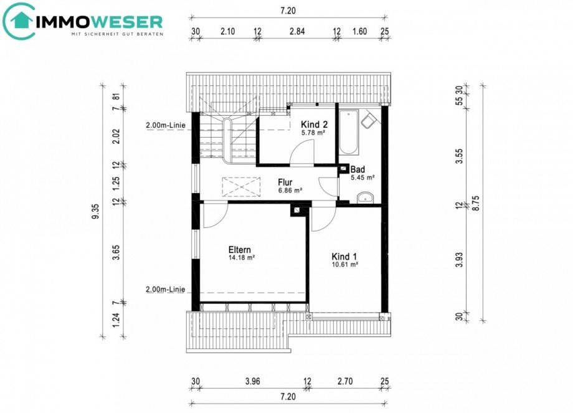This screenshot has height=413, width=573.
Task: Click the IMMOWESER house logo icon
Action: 19,20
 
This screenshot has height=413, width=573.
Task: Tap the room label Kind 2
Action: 314,125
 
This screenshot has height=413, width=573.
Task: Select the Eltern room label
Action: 239,250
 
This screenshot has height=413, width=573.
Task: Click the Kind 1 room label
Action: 344,256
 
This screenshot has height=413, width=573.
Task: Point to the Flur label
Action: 285,182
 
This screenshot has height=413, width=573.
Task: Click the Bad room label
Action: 358,169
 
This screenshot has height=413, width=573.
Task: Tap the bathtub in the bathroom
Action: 349,132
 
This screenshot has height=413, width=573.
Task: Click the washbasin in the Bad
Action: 364,197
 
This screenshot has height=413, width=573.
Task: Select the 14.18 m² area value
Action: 241,257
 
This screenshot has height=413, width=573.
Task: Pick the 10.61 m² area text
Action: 344,264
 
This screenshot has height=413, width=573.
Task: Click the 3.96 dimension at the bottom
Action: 252,382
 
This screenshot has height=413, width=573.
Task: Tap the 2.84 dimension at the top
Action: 297,31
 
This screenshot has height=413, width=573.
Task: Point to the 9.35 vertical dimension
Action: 95,212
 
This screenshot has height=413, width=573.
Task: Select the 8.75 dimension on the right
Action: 475,203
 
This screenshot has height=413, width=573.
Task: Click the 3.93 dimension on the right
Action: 460,260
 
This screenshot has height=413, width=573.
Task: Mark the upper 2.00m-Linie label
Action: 166,125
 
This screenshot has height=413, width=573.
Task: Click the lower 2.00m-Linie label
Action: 166,290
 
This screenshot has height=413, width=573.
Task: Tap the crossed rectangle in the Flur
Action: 241,187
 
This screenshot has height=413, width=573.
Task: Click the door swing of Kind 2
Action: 302,153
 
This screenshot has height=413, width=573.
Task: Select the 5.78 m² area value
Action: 313,133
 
